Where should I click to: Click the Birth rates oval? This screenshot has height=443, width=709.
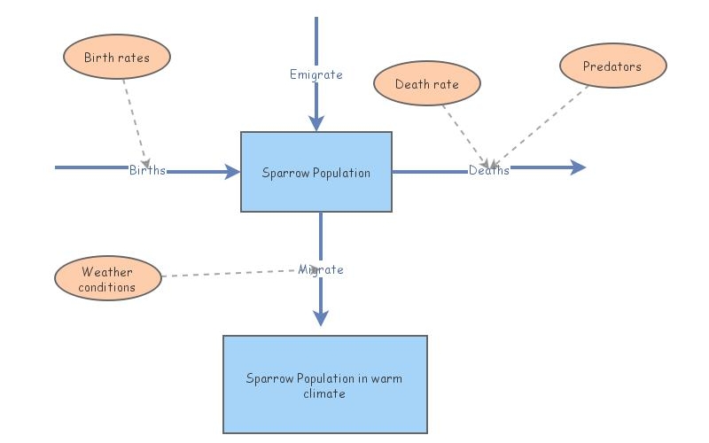[x=117, y=58]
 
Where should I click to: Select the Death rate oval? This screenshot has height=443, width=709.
[x=427, y=84]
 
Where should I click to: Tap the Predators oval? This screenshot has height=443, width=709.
[x=612, y=66]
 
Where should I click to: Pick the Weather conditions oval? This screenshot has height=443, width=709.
[x=107, y=279]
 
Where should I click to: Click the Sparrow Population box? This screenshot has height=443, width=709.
[x=316, y=172]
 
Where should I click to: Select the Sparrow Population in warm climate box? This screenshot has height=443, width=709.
[x=324, y=385]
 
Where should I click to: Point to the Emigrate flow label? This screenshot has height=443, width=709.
[x=316, y=74]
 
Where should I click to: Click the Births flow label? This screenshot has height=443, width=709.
[x=147, y=170]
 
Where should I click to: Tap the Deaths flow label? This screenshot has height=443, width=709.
[x=489, y=170]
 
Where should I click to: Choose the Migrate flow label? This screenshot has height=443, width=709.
[x=321, y=268]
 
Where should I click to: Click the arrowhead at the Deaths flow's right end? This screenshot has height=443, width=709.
[x=578, y=167]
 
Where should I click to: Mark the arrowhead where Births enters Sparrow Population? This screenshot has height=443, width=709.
[x=232, y=172]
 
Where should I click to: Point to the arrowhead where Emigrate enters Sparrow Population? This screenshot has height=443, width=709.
[x=316, y=124]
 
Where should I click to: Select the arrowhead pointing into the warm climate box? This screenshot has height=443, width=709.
[x=321, y=318]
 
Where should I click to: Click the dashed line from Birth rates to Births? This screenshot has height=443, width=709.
[x=134, y=120]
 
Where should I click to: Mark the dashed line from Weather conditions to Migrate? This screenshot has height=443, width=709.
[x=230, y=274]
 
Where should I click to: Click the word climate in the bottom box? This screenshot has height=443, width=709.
[x=324, y=393]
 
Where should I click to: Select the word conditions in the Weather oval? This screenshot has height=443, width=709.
[x=107, y=287]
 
